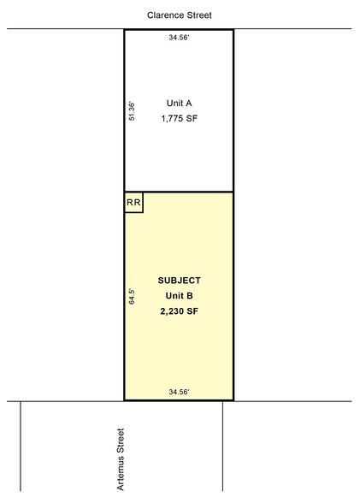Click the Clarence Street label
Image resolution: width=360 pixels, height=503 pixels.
(x=180, y=15)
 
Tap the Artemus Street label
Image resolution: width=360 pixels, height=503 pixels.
(x=121, y=459)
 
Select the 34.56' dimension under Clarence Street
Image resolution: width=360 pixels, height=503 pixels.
(x=180, y=38)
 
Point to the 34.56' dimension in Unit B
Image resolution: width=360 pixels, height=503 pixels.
(x=180, y=392)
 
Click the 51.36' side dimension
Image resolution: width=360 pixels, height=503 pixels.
(x=132, y=111)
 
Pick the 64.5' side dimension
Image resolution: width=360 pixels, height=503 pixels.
(x=132, y=296)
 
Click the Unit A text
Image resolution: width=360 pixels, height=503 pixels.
(x=180, y=104)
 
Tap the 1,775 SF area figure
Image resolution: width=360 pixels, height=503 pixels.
(x=180, y=119)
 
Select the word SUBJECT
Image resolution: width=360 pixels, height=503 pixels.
(x=180, y=281)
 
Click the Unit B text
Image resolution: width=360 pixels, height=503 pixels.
(x=180, y=295)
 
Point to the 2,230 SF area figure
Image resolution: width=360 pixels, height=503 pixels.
(x=180, y=311)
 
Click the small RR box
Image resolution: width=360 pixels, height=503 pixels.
(x=133, y=203)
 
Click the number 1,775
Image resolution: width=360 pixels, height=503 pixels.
(x=172, y=119)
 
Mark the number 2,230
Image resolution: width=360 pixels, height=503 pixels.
(x=171, y=311)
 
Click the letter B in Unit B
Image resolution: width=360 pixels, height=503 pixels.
(x=190, y=295)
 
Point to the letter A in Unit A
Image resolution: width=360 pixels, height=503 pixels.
(x=188, y=104)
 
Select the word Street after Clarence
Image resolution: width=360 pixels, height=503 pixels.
(x=198, y=15)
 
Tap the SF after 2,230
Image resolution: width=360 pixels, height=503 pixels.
(x=192, y=311)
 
